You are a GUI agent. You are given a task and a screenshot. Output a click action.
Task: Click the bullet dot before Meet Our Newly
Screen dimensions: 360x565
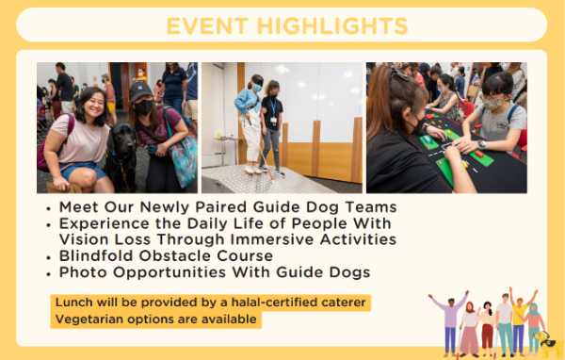point(48,207)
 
